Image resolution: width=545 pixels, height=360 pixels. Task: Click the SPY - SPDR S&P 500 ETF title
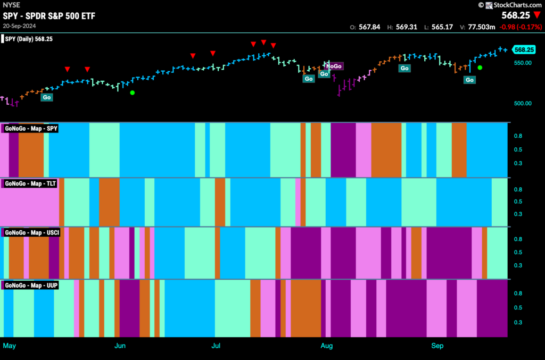(x=49, y=16)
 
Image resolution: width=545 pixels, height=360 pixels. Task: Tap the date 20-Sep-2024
(x=20, y=26)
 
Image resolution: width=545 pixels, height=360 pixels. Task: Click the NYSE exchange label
(x=12, y=5)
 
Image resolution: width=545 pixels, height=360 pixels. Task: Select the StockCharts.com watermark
(x=510, y=5)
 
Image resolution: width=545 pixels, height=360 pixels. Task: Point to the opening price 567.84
(x=369, y=27)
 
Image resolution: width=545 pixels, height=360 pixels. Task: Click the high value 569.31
(x=406, y=27)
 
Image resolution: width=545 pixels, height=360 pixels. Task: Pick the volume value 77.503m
(x=481, y=27)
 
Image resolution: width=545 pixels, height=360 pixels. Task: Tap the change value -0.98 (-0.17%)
(x=521, y=27)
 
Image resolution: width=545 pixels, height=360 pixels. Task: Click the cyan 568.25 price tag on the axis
(x=524, y=49)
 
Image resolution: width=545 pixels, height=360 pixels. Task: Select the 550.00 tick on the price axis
(x=523, y=63)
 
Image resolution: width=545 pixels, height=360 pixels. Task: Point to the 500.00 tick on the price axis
(x=523, y=104)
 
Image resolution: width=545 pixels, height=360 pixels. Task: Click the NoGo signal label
(x=334, y=66)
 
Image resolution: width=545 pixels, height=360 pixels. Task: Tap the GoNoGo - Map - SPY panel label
(x=31, y=129)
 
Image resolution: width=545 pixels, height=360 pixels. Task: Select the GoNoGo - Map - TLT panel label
(x=30, y=183)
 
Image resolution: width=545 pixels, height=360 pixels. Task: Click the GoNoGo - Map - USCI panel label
(x=32, y=232)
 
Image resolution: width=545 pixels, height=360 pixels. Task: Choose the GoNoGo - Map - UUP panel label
(x=31, y=286)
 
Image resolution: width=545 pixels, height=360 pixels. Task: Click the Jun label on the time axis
(x=120, y=346)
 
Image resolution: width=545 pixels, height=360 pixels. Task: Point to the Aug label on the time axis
(x=326, y=346)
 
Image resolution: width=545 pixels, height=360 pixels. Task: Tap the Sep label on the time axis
(x=437, y=346)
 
